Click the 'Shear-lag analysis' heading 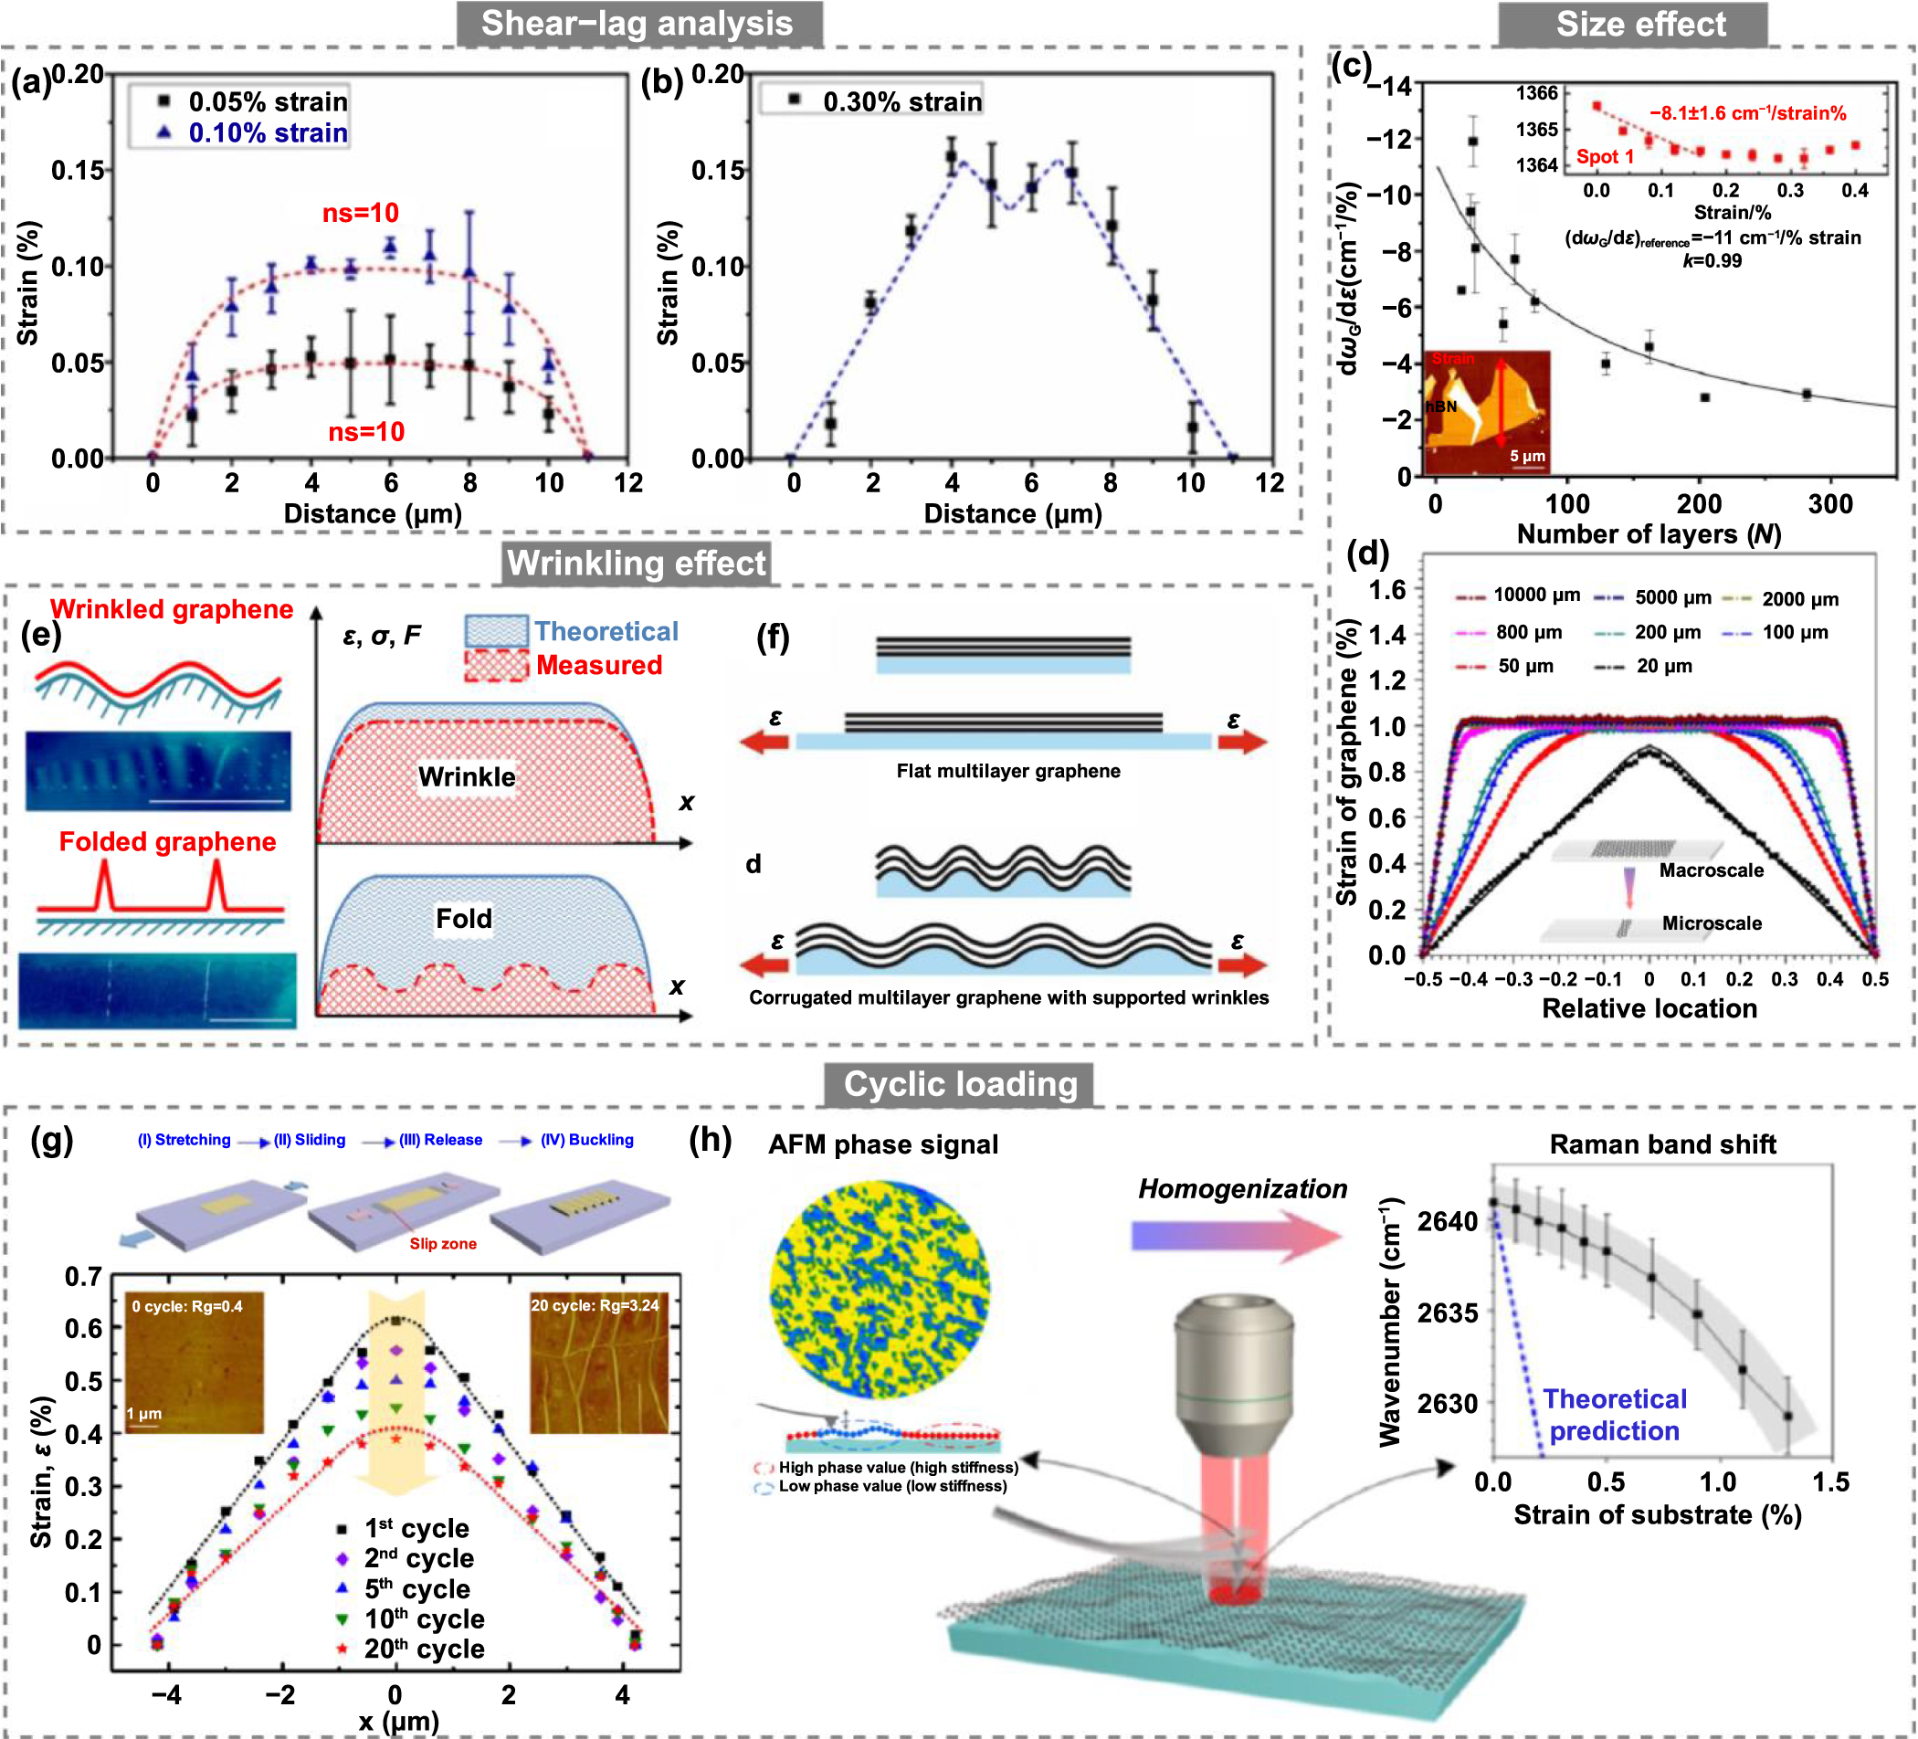click(x=637, y=24)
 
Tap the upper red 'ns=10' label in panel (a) click(x=361, y=213)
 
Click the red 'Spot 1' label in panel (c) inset click(x=1604, y=157)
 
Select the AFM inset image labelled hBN click(x=1486, y=412)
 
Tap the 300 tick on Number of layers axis click(x=1829, y=504)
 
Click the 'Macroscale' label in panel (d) click(x=1711, y=870)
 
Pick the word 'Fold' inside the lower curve click(x=463, y=919)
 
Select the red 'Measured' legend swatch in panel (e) click(x=496, y=665)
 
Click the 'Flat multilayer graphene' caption click(x=1007, y=772)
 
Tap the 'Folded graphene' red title click(x=167, y=842)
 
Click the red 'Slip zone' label click(x=442, y=1243)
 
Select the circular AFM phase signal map click(x=878, y=1289)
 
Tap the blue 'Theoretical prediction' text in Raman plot click(x=1614, y=1415)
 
